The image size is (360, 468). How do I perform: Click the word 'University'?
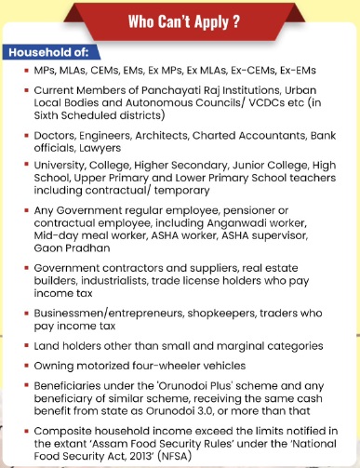60,166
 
